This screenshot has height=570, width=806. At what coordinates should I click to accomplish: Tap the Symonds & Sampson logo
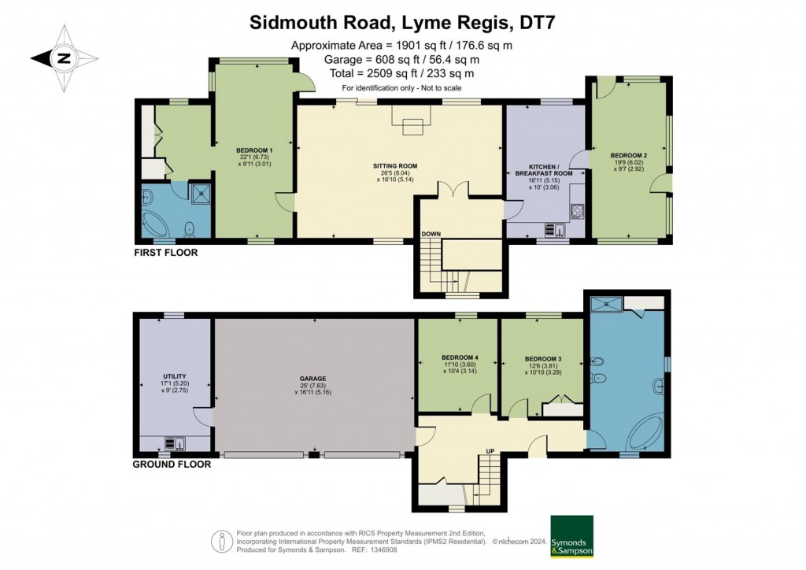click(572, 536)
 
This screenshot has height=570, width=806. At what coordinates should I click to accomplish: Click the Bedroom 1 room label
click(254, 150)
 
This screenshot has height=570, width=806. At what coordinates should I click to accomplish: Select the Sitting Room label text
click(395, 166)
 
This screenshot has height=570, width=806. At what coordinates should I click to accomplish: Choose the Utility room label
click(174, 376)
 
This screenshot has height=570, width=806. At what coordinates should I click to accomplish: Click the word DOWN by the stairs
click(431, 235)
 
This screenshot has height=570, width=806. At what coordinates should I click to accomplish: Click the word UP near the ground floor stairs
click(490, 451)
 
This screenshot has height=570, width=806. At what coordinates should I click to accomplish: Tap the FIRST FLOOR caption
click(165, 254)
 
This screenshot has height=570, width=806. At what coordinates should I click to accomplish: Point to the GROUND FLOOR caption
click(172, 465)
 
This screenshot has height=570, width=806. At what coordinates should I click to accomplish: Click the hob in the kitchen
click(577, 210)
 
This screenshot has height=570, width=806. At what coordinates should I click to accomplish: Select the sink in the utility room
click(173, 443)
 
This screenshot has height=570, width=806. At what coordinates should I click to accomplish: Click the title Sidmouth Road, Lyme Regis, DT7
click(402, 22)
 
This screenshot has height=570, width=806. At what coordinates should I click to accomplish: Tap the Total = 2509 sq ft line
click(401, 73)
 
